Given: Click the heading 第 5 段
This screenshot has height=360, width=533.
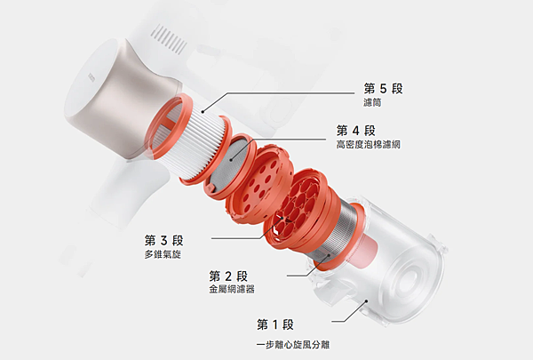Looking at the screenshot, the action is pos(383,89).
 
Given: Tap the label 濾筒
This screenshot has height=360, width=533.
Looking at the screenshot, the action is pos(372,102).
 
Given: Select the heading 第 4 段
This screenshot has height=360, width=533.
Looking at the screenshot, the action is pos(356,131).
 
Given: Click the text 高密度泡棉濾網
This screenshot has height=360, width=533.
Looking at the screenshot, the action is pos(368,144).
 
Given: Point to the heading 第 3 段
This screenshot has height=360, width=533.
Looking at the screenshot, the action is pos(163,240).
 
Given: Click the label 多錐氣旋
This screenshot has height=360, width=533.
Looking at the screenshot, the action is pos(163,254).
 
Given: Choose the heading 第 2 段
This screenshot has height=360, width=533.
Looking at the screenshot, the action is pos(228,276).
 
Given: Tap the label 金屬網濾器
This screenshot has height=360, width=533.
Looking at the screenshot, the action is pos(232,290).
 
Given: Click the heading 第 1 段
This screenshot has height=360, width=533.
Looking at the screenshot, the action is pos(275,324).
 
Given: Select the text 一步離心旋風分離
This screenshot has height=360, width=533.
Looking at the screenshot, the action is pos(292,344).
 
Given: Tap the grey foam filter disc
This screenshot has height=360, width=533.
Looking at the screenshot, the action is pos(230,164).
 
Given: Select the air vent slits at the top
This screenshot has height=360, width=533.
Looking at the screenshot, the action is pos(169,39).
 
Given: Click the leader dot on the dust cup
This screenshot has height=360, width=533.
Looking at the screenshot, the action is pos(366,300).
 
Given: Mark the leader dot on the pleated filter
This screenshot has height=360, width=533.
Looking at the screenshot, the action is pos(203,111).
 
